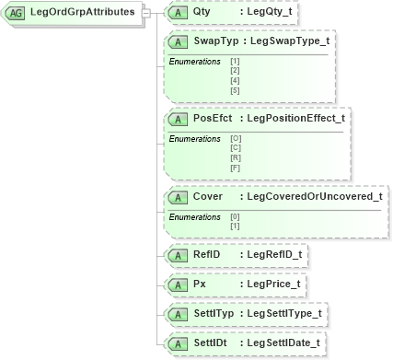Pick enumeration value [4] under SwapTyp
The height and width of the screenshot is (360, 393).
pos(234,80)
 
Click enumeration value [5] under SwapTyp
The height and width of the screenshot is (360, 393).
pos(234,90)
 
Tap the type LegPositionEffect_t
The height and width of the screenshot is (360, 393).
pos(295,119)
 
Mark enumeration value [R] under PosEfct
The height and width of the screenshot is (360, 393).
pos(235,157)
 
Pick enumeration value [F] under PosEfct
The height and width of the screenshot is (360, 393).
pos(235,167)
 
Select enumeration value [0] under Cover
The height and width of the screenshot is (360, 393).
pos(234,215)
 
